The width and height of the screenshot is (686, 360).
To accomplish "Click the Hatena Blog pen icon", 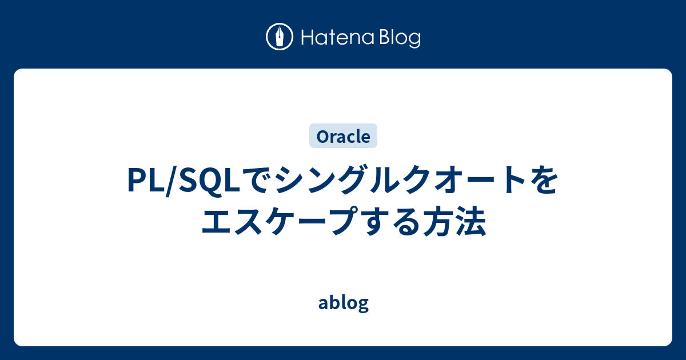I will (x=280, y=37).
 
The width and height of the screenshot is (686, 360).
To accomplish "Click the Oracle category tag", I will (x=343, y=137).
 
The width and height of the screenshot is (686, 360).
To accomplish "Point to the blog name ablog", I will (x=343, y=303).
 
